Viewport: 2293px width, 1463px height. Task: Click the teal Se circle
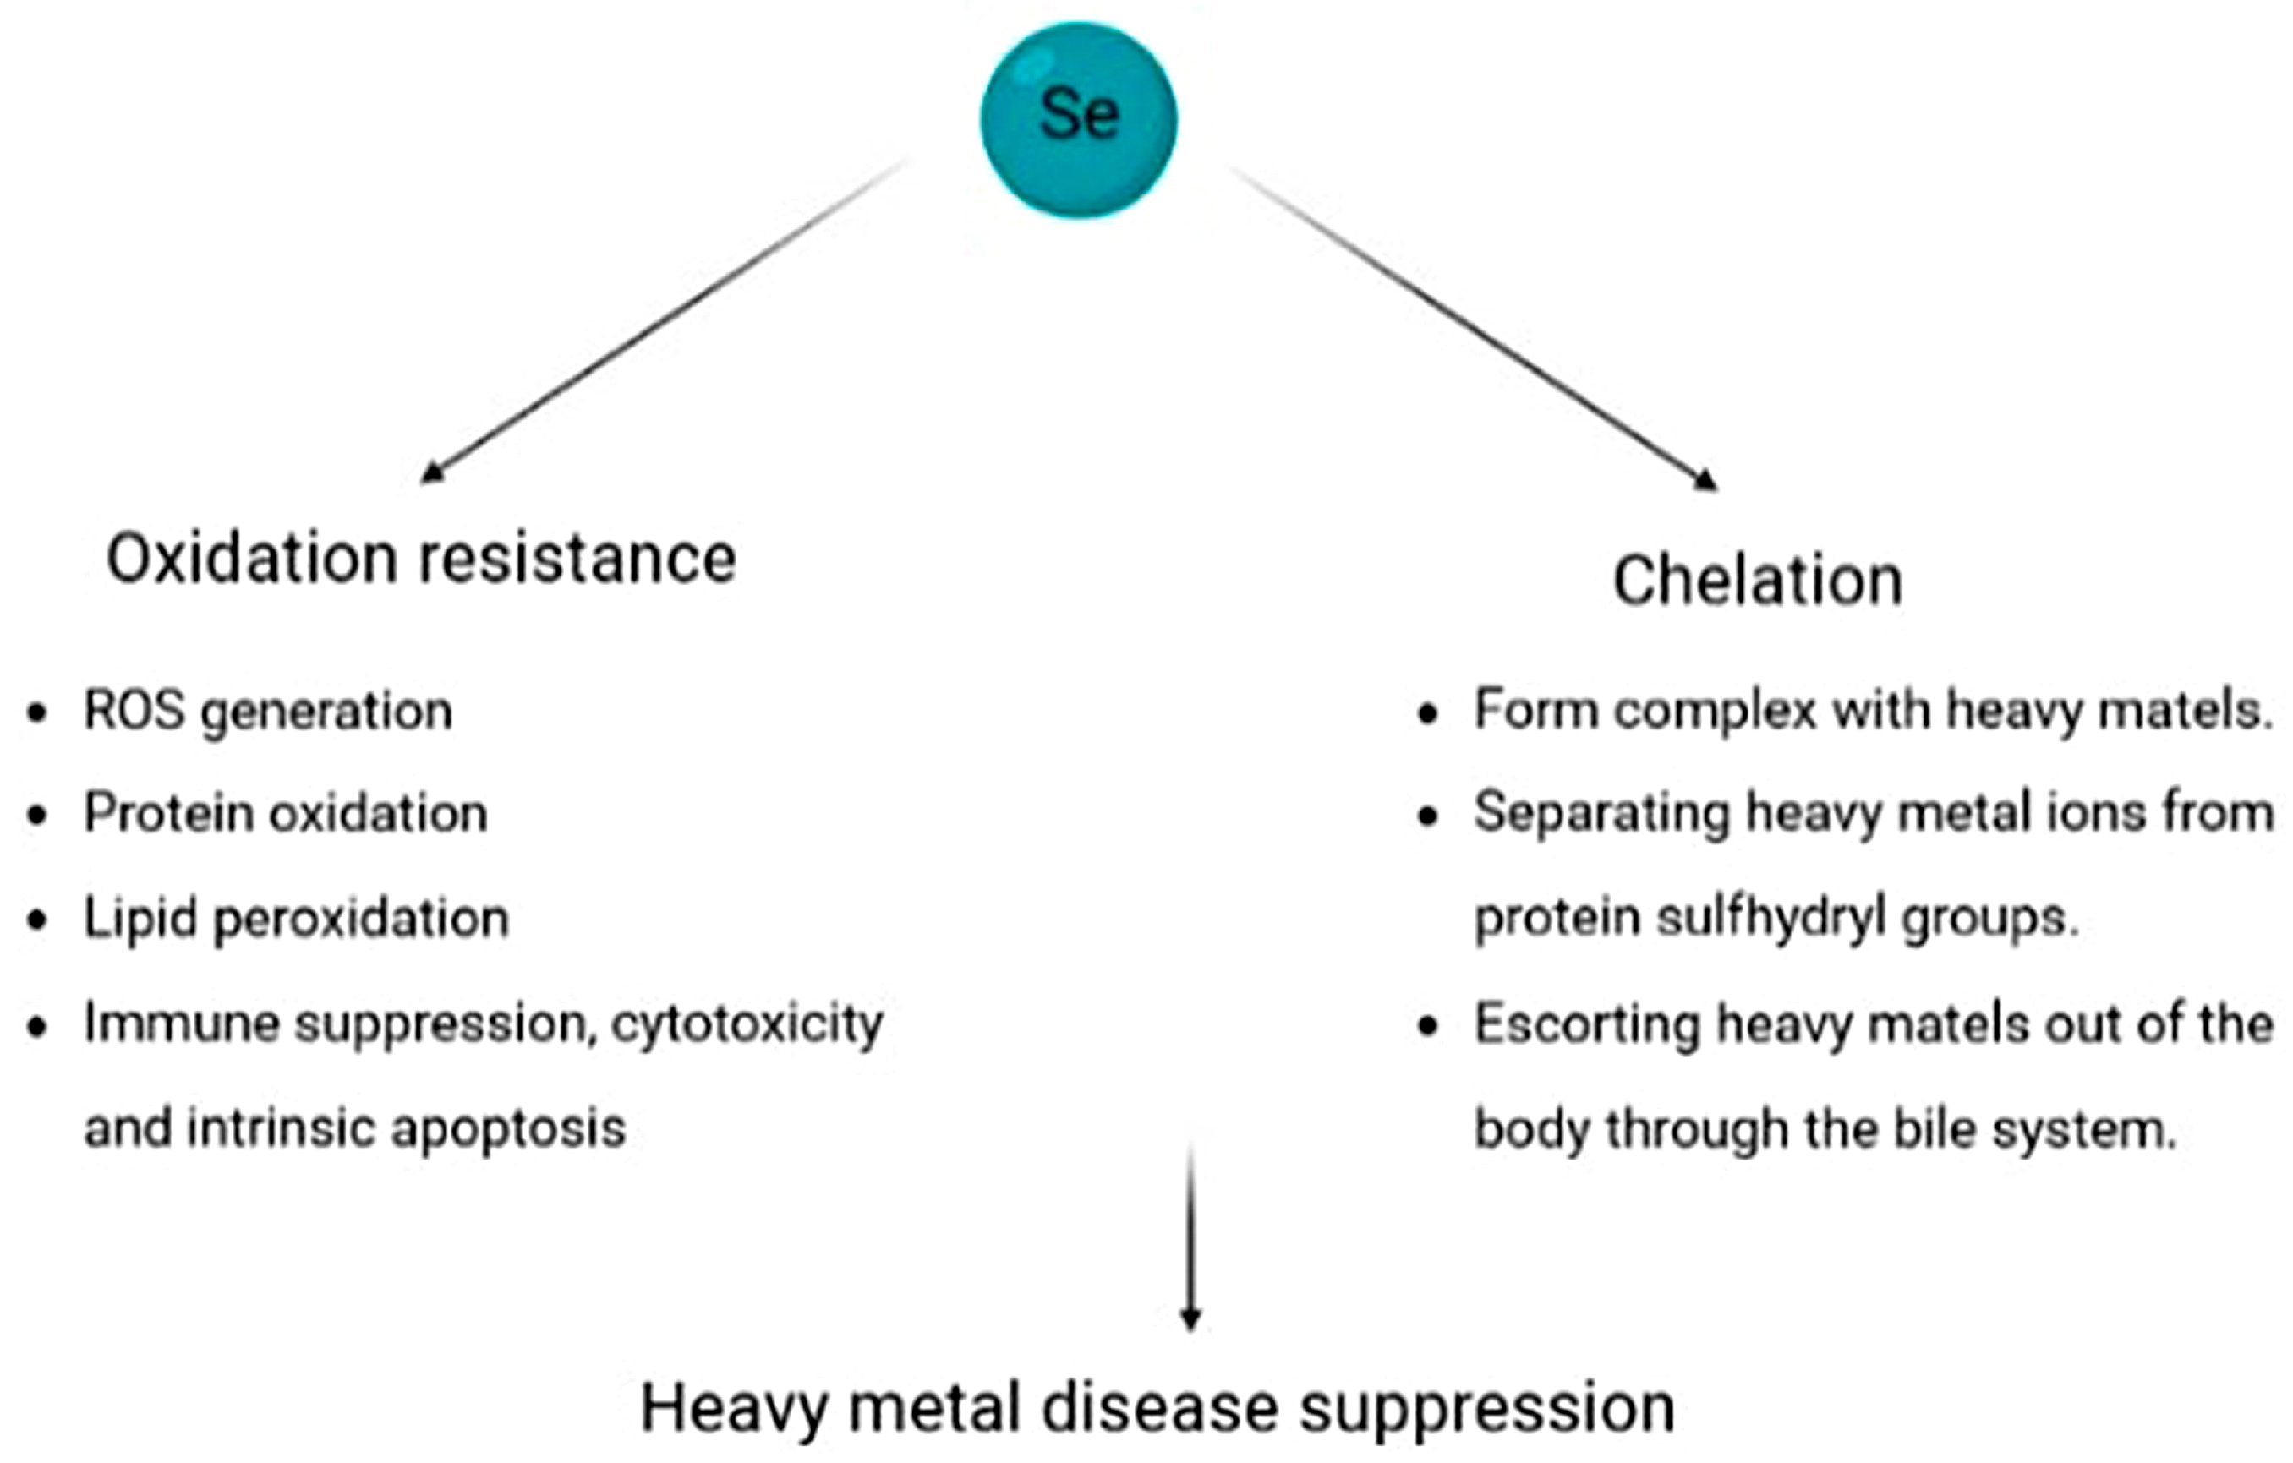pos(1079,120)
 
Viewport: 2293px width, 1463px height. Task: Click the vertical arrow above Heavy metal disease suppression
pos(1190,1237)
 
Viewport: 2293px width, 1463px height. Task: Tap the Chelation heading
pos(1757,581)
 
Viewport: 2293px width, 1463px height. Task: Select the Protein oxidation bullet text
pos(286,815)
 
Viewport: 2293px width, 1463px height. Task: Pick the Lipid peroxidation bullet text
pos(296,920)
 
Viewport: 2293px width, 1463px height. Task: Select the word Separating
pos(1601,815)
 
